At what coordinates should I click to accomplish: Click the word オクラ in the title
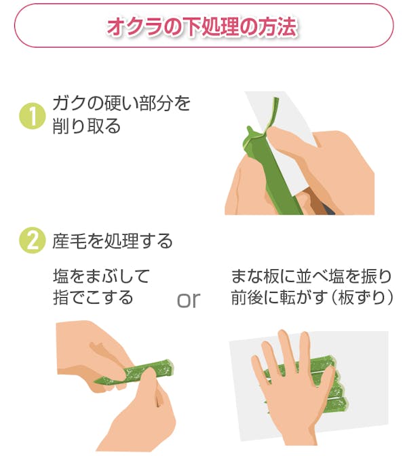(134, 26)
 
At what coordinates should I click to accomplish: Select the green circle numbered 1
(33, 116)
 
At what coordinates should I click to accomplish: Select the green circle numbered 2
(33, 241)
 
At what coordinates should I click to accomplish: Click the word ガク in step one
(69, 104)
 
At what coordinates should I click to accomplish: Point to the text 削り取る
(87, 126)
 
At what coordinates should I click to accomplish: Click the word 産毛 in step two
(70, 241)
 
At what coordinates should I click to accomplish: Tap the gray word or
(189, 300)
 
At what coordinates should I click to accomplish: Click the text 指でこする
(93, 297)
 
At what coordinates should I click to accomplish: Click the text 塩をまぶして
(102, 276)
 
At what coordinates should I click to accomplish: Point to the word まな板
(254, 276)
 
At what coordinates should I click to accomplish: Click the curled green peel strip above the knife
(273, 113)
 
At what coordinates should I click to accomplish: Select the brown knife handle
(318, 203)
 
